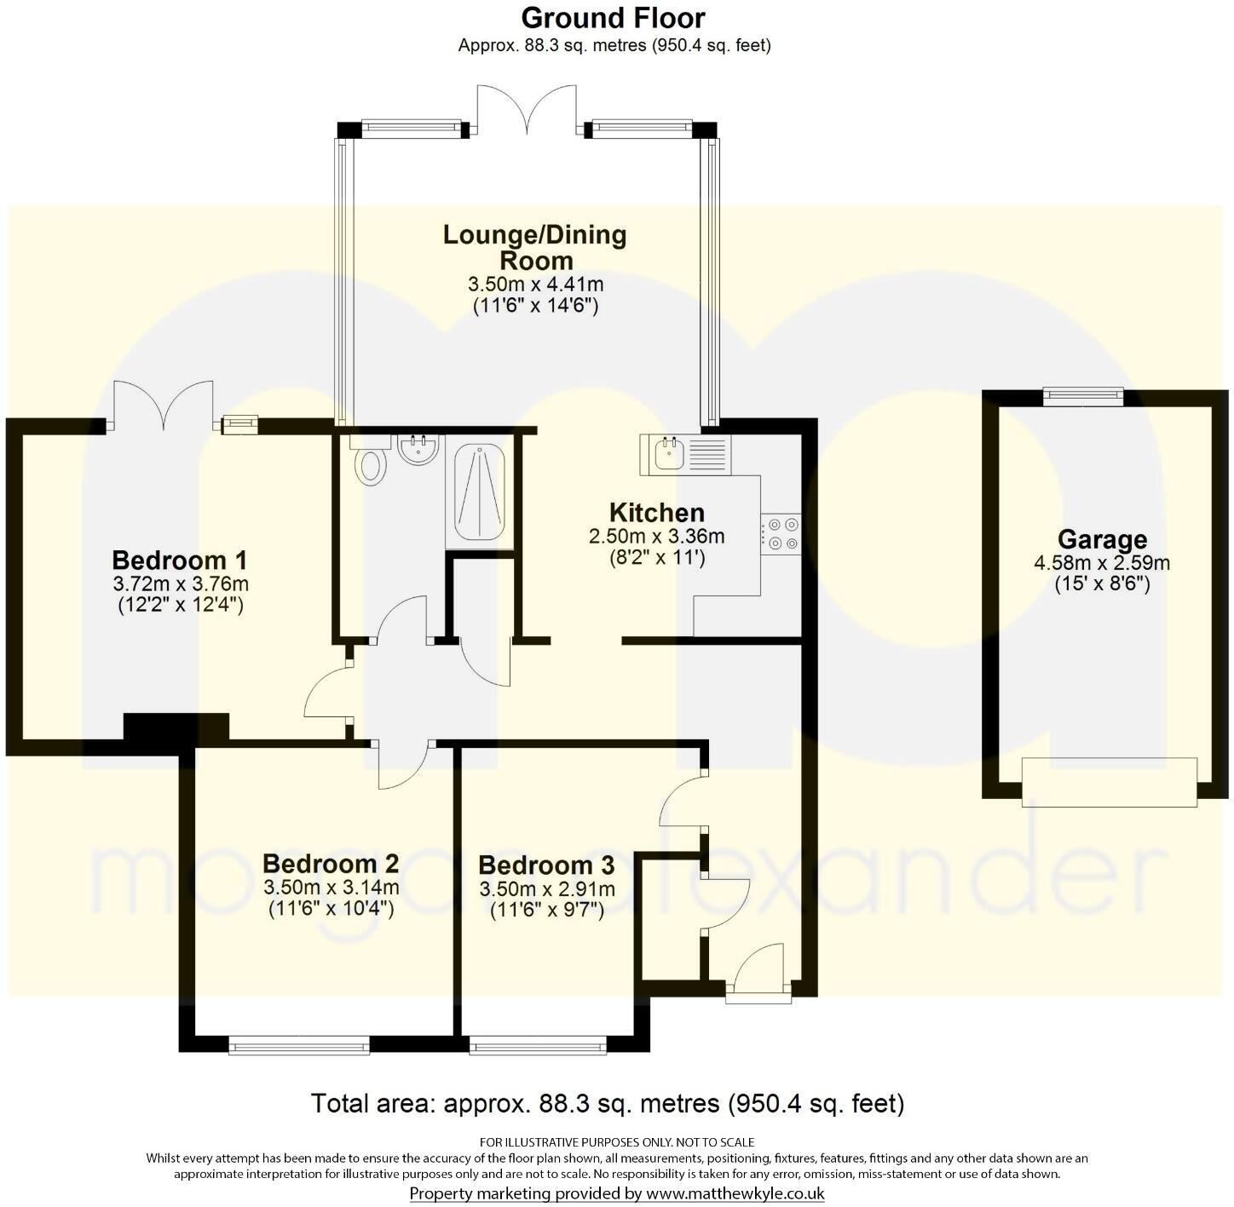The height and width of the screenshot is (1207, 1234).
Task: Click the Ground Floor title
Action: [x=613, y=18]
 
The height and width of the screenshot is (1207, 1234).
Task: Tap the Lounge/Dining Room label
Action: [x=535, y=247]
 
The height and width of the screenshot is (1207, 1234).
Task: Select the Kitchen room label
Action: [x=656, y=513]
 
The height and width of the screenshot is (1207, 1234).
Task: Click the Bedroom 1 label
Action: [x=180, y=560]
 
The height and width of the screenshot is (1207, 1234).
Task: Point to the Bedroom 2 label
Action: [x=331, y=864]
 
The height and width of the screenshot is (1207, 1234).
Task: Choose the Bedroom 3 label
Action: [x=546, y=865]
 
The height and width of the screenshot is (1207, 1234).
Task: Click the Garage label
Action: [x=1102, y=540]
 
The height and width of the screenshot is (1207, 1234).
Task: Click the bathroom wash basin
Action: [x=418, y=451]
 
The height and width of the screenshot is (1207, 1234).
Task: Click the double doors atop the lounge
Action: [x=527, y=111]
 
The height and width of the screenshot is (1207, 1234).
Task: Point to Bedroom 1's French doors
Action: [x=162, y=406]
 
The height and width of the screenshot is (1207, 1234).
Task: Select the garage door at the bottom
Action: [x=1110, y=781]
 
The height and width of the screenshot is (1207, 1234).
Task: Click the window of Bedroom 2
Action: [x=299, y=1044]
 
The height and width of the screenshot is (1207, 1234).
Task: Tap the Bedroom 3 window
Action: [x=539, y=1044]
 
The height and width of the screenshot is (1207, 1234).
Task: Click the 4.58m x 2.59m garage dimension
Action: [x=1102, y=563]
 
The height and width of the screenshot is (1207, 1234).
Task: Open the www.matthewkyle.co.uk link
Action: [x=735, y=1194]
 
